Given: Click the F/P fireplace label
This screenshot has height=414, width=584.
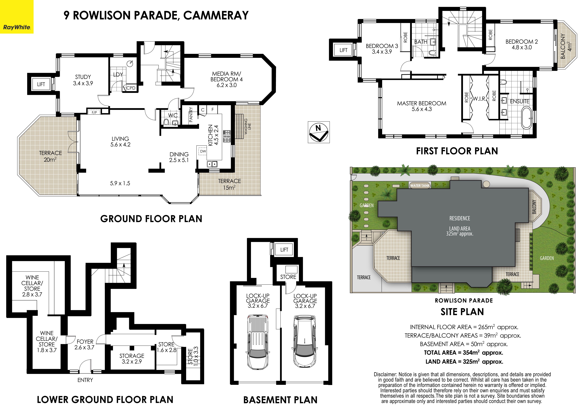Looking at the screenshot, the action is pos(94,112).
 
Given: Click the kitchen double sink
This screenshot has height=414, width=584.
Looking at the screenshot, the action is pos(212,164).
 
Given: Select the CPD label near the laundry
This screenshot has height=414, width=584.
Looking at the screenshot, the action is pos(131,88).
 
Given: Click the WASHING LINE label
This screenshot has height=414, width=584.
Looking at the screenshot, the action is pos(247,126).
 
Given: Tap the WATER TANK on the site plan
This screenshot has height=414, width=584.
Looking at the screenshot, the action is pos(420,185).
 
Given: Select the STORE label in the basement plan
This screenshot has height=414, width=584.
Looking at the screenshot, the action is pos(288,277).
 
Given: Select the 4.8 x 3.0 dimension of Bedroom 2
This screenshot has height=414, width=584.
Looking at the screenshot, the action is pos(522,47).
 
